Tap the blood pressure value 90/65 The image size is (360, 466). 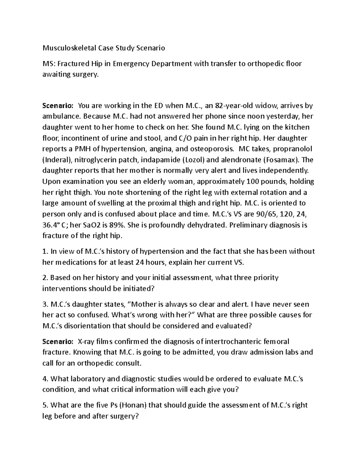pyautogui.click(x=266, y=214)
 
